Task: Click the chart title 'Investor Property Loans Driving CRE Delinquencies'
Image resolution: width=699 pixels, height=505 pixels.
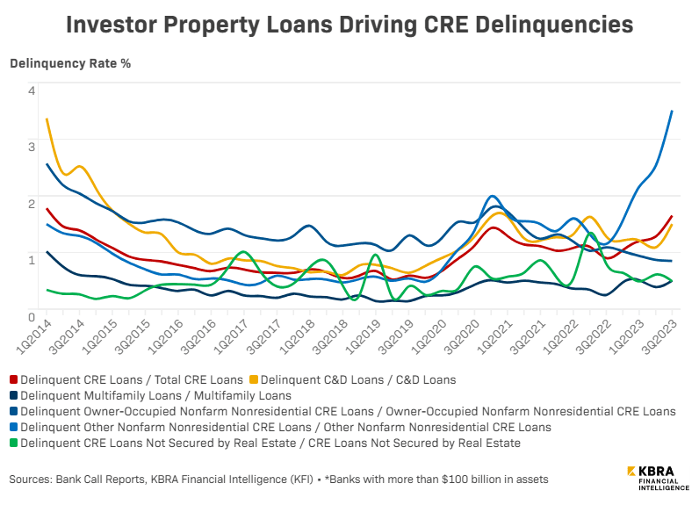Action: (349, 25)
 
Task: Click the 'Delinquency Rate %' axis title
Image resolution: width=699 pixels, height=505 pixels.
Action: (69, 65)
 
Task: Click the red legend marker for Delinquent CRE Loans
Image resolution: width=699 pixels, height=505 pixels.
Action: (14, 380)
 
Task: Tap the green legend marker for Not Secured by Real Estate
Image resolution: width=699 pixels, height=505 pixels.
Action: (14, 444)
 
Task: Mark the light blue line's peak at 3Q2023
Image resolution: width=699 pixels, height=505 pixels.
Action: (672, 112)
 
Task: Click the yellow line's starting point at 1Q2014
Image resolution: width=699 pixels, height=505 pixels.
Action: (47, 119)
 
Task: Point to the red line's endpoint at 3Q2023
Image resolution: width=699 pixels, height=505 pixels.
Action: (672, 216)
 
